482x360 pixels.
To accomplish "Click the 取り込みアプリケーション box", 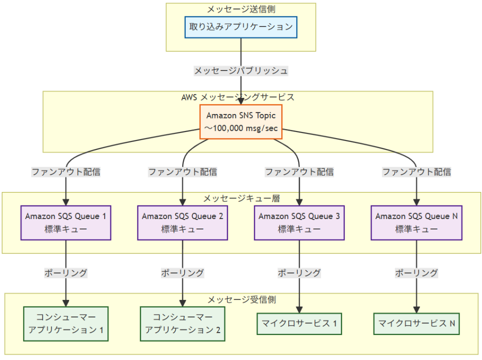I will (241, 27).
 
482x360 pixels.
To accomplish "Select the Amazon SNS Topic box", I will (241, 121).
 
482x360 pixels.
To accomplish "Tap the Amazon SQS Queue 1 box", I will (66, 222).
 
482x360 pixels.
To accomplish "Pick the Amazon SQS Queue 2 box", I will (182, 222).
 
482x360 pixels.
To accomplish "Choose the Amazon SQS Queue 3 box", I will (299, 222).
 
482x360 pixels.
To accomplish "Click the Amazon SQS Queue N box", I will (416, 222).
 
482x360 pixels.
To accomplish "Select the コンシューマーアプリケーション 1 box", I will (66, 323).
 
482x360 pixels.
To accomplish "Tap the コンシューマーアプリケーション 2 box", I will (182, 323).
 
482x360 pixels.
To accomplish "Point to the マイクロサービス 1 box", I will (299, 323).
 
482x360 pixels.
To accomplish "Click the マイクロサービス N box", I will (416, 323).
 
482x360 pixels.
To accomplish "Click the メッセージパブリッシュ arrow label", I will (241, 71).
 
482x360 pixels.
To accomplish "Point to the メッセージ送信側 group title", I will (241, 9).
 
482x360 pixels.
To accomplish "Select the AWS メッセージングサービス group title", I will (238, 97).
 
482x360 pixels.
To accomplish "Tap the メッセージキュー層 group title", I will (241, 198).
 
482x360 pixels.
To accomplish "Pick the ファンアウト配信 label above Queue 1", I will (66, 172).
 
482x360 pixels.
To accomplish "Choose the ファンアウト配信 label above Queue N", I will (416, 172).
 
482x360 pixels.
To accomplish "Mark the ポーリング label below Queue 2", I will (182, 273).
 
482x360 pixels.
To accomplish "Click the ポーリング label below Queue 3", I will (299, 273).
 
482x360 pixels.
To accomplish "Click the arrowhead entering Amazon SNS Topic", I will (241, 101).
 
